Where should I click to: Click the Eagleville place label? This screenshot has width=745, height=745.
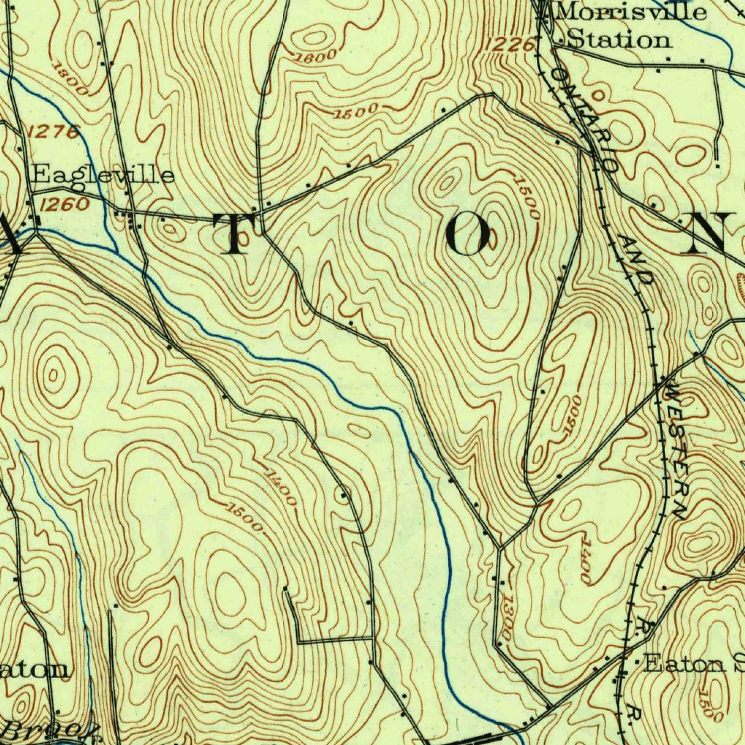click(103, 175)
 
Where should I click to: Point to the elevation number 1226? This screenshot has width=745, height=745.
click(509, 46)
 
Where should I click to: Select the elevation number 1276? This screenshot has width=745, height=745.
click(55, 132)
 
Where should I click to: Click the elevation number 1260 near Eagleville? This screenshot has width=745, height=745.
click(64, 204)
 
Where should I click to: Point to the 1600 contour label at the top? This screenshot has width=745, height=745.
click(317, 55)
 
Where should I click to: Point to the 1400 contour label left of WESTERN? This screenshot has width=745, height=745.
click(586, 561)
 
